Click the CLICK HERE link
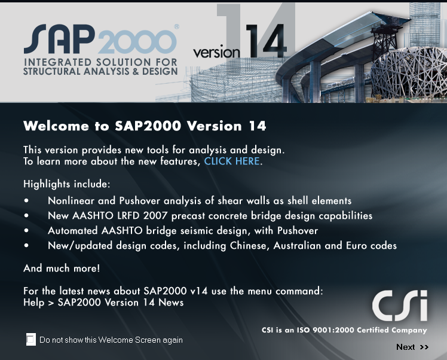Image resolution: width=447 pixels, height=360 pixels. click(232, 161)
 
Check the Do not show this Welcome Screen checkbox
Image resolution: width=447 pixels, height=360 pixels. click(31, 340)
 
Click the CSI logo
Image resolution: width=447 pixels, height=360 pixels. click(400, 306)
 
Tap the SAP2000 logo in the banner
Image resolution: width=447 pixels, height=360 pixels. click(100, 40)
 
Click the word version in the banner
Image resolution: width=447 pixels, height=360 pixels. click(216, 53)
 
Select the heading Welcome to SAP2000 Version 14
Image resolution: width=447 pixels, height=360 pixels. click(145, 126)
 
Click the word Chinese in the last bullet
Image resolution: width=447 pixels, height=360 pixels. click(247, 246)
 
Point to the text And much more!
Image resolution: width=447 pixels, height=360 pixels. click(62, 269)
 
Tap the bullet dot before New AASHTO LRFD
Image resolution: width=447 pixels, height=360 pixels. click(26, 216)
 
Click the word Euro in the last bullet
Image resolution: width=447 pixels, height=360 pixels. click(361, 246)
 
